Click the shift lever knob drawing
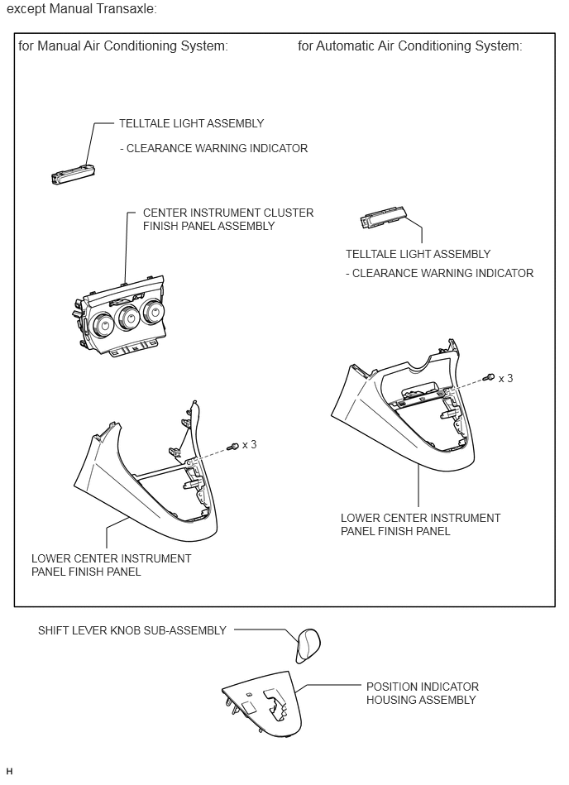tap(308, 644)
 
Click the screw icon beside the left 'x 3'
tap(234, 446)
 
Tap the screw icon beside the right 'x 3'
tap(490, 378)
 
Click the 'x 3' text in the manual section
tap(248, 444)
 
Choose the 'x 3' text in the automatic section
tap(504, 378)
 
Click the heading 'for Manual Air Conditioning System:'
tap(123, 46)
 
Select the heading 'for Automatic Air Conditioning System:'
tap(409, 46)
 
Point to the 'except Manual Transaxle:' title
tap(81, 9)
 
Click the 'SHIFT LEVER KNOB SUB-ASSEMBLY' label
tap(132, 630)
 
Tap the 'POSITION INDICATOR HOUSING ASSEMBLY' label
tap(422, 693)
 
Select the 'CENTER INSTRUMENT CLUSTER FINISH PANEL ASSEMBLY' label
tap(228, 219)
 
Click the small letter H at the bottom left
tap(9, 771)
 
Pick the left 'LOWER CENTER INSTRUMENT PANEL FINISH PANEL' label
tap(111, 565)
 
